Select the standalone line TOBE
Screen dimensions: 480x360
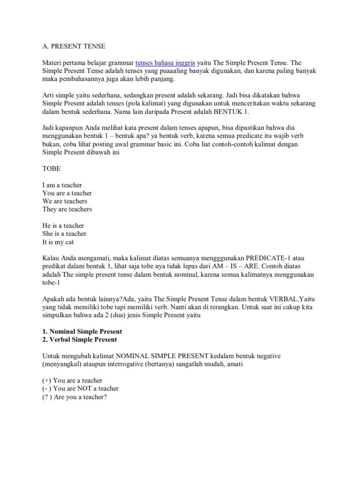[x=52, y=168]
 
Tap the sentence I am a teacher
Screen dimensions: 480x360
[x=62, y=185]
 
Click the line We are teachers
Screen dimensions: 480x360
[x=65, y=201]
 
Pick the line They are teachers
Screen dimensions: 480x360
[x=67, y=209]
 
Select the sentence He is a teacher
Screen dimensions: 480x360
[x=63, y=225]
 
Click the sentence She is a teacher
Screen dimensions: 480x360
[x=64, y=233]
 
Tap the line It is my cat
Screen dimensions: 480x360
[x=58, y=242]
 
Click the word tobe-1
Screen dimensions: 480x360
[x=52, y=282]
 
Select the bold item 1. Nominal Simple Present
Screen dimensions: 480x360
[x=82, y=331]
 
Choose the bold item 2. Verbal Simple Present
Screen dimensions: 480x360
[x=80, y=339]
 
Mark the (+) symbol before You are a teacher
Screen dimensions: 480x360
[x=47, y=380]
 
